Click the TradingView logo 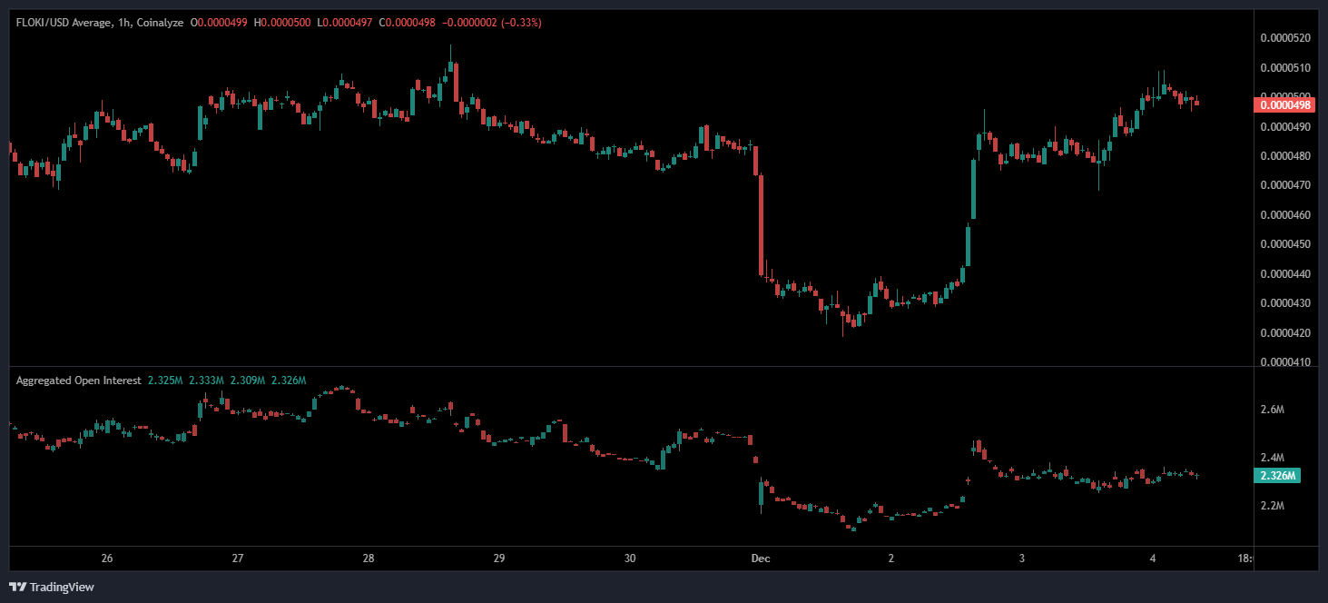point(52,587)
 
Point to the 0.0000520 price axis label point(1285,38)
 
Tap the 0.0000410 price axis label point(1285,362)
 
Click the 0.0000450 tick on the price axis point(1285,244)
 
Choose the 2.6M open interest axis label point(1273,410)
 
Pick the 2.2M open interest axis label point(1273,505)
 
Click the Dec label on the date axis point(761,559)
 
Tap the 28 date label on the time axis point(369,559)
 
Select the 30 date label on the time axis point(631,559)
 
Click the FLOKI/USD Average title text point(64,23)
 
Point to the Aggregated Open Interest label point(78,381)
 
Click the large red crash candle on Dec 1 point(761,223)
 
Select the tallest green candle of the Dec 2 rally point(974,190)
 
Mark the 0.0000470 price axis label point(1285,185)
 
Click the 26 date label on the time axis point(107,559)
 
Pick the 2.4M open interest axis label point(1273,458)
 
